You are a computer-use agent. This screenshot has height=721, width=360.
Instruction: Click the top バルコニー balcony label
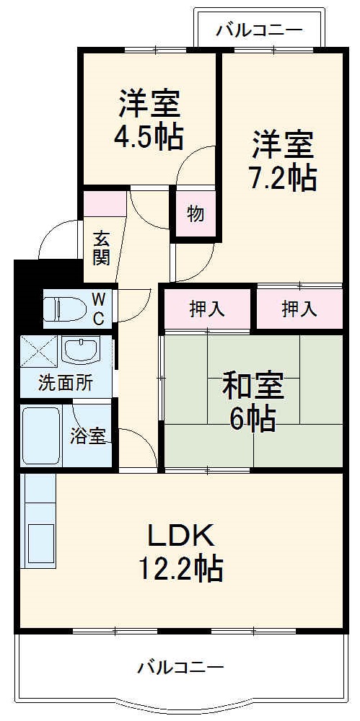point(259,30)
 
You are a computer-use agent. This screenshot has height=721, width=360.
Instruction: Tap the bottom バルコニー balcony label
point(180,667)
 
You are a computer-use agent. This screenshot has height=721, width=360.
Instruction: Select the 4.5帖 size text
point(149,136)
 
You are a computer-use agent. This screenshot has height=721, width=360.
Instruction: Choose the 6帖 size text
point(253,419)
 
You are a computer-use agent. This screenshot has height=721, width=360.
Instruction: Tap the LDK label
point(180,536)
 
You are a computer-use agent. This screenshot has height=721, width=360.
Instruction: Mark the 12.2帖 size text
point(180,570)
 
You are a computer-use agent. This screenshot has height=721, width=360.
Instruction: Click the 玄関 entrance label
point(102,247)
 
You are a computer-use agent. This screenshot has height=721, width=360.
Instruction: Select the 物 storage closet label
point(195,213)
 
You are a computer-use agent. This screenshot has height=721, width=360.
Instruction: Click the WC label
point(100,307)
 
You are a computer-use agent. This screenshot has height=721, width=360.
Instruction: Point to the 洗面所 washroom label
point(66,383)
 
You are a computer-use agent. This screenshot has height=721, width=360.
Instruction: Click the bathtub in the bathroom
point(43,437)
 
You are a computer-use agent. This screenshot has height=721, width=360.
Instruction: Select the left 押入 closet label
point(207,309)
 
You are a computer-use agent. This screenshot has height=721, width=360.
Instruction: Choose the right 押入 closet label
point(299,309)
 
